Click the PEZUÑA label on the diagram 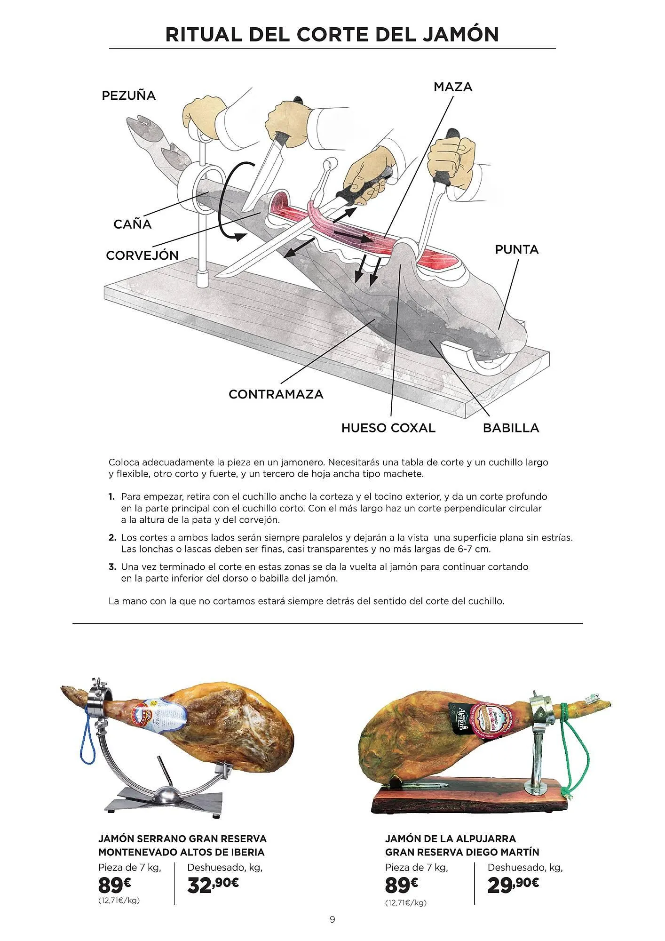coord(128,96)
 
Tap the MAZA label coord(452,87)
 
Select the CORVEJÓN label coord(142,255)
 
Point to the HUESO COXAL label coord(388,428)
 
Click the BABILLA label coord(511,428)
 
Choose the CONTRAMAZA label coord(276,394)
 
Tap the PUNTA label coord(516,249)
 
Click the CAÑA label coord(132,224)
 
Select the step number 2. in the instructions coord(112,537)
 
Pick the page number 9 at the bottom coord(332,919)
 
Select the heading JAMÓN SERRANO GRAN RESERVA coord(182,838)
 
